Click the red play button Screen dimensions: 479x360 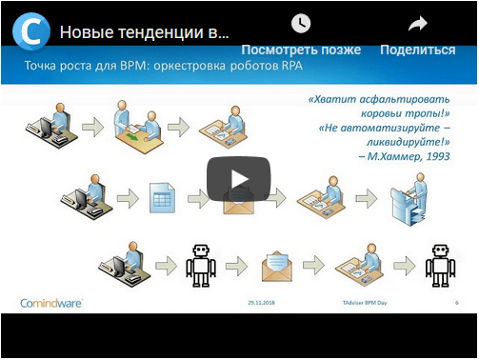(238, 178)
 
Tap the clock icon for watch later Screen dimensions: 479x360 (300, 23)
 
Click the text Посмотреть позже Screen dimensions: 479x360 (300, 50)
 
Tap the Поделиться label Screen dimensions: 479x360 (417, 50)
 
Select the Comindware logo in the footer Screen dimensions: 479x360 (52, 303)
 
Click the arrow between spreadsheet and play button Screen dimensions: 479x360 (198, 198)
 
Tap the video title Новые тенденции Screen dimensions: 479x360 (144, 31)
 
